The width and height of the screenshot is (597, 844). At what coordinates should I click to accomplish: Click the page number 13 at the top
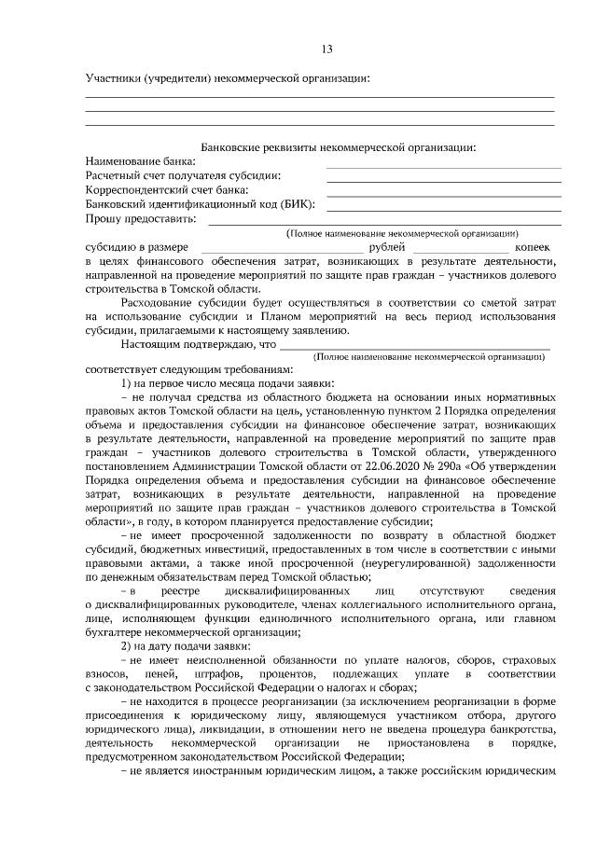pos(326,48)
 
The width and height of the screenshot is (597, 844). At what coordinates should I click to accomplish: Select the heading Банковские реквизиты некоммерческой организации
pos(339,146)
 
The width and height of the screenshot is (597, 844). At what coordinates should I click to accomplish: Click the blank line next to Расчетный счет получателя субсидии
pos(443,180)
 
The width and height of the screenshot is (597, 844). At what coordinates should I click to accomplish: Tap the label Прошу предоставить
pos(140,219)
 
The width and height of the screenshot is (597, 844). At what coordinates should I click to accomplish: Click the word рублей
pos(387,247)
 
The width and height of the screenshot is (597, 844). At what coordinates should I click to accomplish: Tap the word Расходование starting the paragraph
pos(159,303)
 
